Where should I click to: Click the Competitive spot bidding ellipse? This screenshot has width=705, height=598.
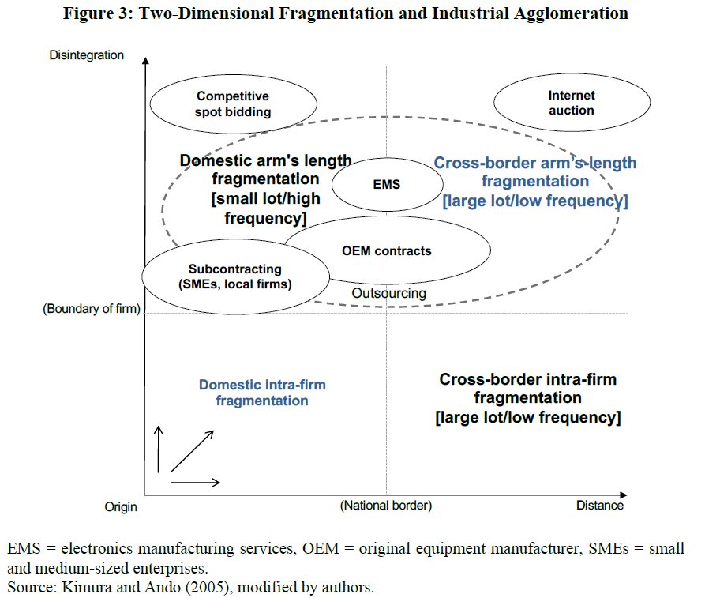(x=233, y=103)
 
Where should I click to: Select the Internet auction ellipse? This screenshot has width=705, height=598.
(x=572, y=103)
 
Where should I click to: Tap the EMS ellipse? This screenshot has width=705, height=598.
(x=387, y=185)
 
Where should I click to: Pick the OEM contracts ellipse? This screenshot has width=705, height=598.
(x=387, y=251)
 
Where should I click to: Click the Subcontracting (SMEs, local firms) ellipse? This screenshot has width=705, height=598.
(x=235, y=276)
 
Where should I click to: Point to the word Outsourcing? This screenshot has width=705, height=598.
(x=388, y=293)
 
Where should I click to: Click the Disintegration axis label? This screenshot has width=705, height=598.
(x=87, y=55)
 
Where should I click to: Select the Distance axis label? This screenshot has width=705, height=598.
(x=599, y=506)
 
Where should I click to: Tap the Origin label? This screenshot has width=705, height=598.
(x=121, y=506)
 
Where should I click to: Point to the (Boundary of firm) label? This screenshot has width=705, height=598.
(x=91, y=310)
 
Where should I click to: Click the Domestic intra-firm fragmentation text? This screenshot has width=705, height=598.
(x=262, y=393)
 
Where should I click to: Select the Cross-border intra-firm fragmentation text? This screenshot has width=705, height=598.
(x=527, y=398)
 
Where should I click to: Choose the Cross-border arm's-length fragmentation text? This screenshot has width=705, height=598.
(x=535, y=182)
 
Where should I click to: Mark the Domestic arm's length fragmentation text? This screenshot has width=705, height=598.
(x=265, y=189)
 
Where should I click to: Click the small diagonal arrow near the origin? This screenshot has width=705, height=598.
(x=192, y=451)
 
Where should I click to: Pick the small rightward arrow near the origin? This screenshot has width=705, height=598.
(x=195, y=482)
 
